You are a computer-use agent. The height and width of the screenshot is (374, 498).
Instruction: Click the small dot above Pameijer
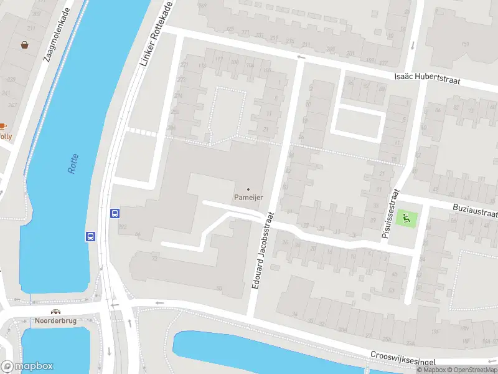[x=248, y=189]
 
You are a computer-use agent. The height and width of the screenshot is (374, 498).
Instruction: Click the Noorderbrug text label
[x=56, y=321]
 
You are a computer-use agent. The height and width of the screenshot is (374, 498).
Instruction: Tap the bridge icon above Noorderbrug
[x=56, y=312]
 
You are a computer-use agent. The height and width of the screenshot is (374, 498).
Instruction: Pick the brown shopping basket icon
[x=25, y=45]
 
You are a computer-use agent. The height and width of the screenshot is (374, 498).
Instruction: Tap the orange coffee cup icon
[x=2, y=127]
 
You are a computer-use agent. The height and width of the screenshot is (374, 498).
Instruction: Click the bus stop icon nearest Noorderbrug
[x=90, y=236]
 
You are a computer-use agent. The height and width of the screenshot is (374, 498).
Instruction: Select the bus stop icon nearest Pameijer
[x=115, y=213]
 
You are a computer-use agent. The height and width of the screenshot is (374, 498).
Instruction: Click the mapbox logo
[x=27, y=367]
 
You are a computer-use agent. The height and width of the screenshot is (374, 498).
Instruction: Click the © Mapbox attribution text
[x=431, y=370]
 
